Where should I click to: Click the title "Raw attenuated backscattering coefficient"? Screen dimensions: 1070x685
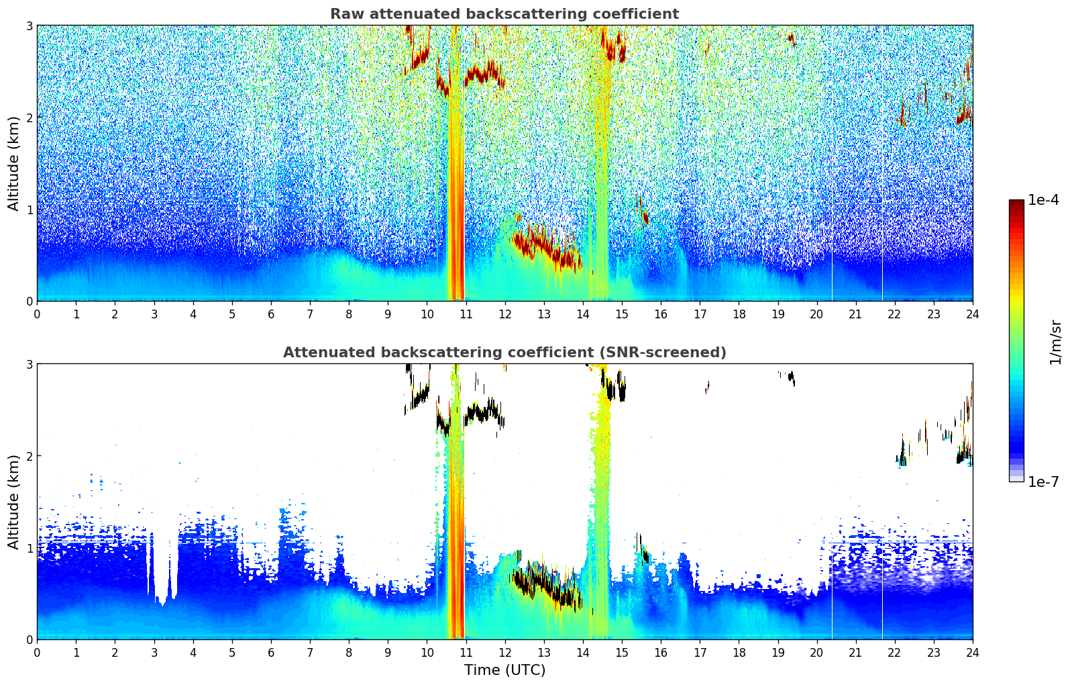[x=504, y=14]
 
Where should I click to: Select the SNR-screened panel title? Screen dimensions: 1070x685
[x=504, y=352]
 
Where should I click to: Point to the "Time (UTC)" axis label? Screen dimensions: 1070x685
[x=504, y=670]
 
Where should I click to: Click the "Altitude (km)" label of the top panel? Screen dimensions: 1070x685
[x=13, y=164]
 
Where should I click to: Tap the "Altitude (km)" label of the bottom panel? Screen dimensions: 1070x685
[x=13, y=502]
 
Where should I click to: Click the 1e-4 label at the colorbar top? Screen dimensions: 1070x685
[x=1043, y=200]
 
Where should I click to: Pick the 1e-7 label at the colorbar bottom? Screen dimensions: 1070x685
[x=1043, y=482]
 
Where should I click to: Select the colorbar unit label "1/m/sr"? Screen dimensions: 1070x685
[x=1055, y=342]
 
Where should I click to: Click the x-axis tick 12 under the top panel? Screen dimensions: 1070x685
[x=505, y=314]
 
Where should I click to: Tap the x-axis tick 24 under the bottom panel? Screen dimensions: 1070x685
[x=973, y=653]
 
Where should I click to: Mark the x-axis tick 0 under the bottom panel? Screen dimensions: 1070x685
[x=38, y=653]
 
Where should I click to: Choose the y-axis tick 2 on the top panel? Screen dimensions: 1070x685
[x=29, y=118]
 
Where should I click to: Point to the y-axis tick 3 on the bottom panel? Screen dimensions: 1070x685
[x=29, y=364]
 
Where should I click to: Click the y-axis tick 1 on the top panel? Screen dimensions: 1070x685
[x=29, y=210]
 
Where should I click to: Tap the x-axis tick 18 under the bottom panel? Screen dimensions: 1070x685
[x=739, y=653]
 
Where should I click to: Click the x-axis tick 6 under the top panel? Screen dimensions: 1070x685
[x=271, y=314]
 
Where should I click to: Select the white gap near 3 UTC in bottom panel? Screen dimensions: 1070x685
[x=162, y=569]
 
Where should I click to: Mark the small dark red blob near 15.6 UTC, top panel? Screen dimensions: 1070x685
[x=645, y=218]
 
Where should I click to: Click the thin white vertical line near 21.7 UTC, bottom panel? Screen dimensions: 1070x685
[x=882, y=591]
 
